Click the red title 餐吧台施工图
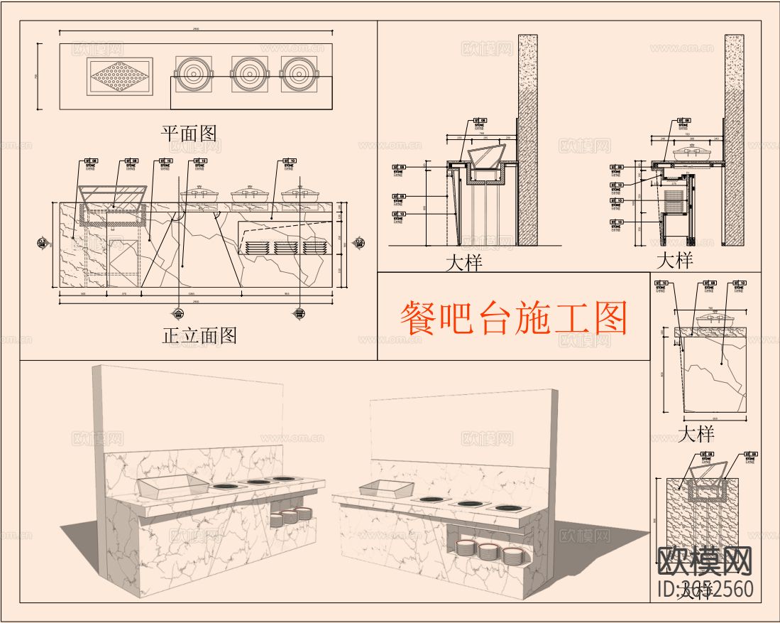coord(514,319)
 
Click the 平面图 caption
coord(188,133)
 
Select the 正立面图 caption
coord(199,335)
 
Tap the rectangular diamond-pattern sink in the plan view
coord(119,76)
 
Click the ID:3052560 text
coord(705,590)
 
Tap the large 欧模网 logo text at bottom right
coord(704,561)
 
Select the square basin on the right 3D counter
coord(386,488)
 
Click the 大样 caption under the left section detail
coord(463,262)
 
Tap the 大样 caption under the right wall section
coord(674,260)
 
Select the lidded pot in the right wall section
coord(688,154)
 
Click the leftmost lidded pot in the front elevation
coord(196,193)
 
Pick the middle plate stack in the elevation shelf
coord(285,248)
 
